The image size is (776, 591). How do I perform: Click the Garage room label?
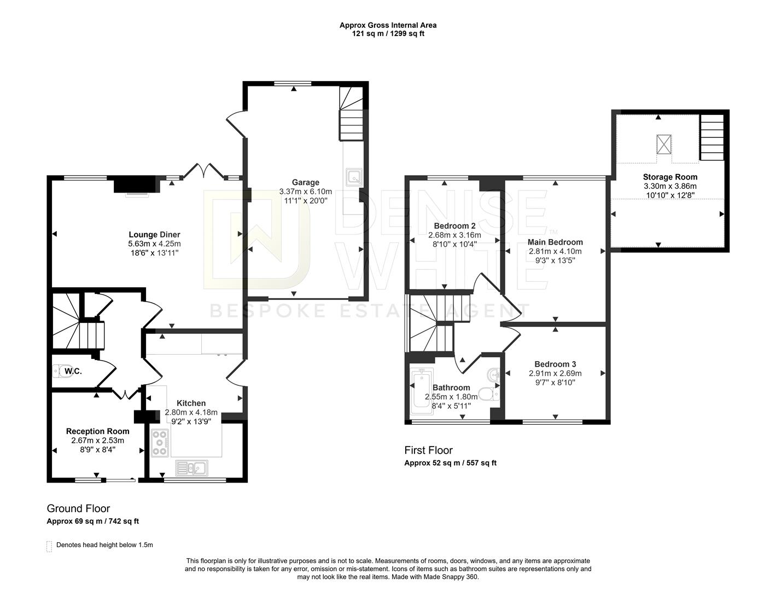tap(305, 182)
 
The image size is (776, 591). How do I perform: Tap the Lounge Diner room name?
tap(154, 235)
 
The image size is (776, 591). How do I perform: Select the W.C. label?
tap(73, 372)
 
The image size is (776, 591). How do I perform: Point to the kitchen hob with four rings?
tap(160, 443)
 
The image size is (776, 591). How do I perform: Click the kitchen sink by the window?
tap(191, 468)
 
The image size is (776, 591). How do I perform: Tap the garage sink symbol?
tap(353, 177)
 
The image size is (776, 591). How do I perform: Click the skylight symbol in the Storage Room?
tap(663, 144)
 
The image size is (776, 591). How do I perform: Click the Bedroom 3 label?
tap(555, 364)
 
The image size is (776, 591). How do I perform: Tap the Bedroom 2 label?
tap(454, 225)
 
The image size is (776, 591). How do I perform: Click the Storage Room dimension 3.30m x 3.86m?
tap(670, 186)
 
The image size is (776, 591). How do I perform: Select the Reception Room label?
tap(97, 431)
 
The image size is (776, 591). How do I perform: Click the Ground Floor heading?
tap(78, 508)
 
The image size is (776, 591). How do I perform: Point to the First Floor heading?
tap(428, 450)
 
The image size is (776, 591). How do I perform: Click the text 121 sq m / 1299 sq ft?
tap(388, 33)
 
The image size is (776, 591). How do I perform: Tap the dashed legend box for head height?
tap(49, 546)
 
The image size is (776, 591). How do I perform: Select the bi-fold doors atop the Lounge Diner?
tap(203, 171)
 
